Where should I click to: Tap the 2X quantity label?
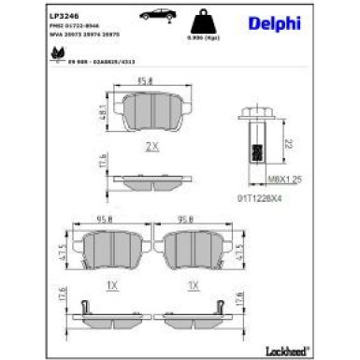tap(152, 147)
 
